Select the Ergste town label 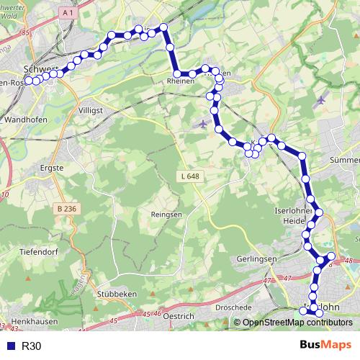tap(53, 168)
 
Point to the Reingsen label tap(166, 215)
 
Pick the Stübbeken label tap(117, 294)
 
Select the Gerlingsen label tap(257, 258)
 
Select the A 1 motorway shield tap(67, 12)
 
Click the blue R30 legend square tap(8, 346)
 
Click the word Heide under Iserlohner tap(295, 220)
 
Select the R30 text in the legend tap(32, 346)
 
